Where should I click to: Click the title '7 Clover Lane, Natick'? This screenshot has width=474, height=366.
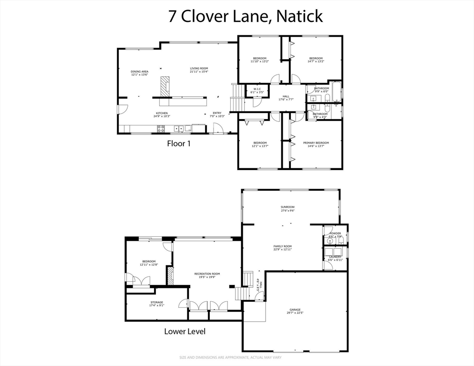(245, 16)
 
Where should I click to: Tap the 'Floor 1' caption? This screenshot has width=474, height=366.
(178, 143)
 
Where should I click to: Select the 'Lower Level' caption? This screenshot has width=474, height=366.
(185, 331)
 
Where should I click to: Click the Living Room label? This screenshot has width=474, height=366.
(199, 70)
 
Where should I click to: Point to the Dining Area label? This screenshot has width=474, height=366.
(140, 73)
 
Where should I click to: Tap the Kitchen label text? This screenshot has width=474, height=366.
(162, 114)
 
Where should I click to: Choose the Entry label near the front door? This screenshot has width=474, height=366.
(216, 114)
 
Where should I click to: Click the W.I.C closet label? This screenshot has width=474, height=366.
(257, 91)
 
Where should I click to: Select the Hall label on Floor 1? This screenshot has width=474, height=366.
(286, 98)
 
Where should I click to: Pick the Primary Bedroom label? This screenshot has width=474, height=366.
(316, 144)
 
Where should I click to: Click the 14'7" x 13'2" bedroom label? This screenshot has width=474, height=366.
(316, 60)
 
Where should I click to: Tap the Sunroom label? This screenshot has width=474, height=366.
(288, 208)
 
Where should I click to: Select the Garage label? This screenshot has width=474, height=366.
(294, 311)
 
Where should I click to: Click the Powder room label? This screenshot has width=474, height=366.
(335, 234)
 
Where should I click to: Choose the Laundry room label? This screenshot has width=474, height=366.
(335, 258)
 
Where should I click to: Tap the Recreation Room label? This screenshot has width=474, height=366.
(207, 275)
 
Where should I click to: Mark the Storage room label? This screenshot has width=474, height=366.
(157, 304)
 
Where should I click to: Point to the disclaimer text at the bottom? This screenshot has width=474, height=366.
(237, 357)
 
